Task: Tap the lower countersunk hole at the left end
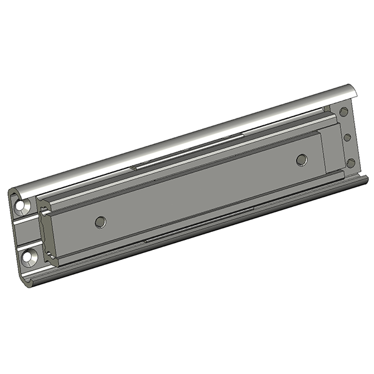click(29, 256)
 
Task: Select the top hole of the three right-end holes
click(343, 112)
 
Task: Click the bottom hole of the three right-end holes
click(350, 163)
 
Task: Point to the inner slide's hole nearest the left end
click(98, 221)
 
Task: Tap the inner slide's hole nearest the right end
click(302, 160)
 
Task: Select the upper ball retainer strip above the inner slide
click(187, 157)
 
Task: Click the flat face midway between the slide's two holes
click(199, 191)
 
